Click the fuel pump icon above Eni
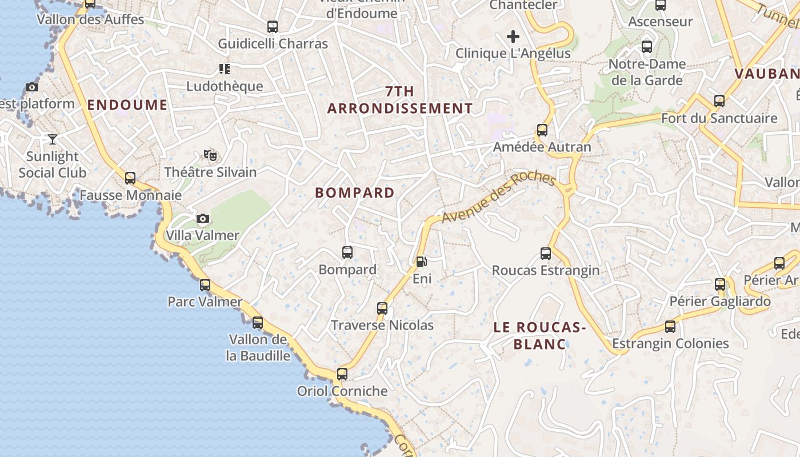click(x=421, y=262)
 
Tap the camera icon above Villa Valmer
click(x=202, y=219)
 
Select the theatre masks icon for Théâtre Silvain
click(x=210, y=155)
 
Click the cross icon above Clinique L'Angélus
click(x=513, y=37)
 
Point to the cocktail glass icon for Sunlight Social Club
click(x=53, y=139)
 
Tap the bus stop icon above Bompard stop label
click(x=347, y=252)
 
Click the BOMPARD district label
click(x=355, y=193)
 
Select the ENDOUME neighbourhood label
click(x=127, y=105)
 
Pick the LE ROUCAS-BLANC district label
click(x=540, y=335)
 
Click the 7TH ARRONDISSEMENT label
click(x=400, y=100)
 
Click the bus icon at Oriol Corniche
click(x=342, y=374)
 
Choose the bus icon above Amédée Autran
click(x=542, y=130)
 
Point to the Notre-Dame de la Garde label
click(x=646, y=72)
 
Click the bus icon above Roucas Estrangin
click(x=546, y=253)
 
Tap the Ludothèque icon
click(x=225, y=69)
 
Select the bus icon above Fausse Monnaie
click(x=130, y=178)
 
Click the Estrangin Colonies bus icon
click(x=670, y=327)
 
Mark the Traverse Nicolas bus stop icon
click(x=382, y=308)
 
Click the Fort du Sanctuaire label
click(x=719, y=118)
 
